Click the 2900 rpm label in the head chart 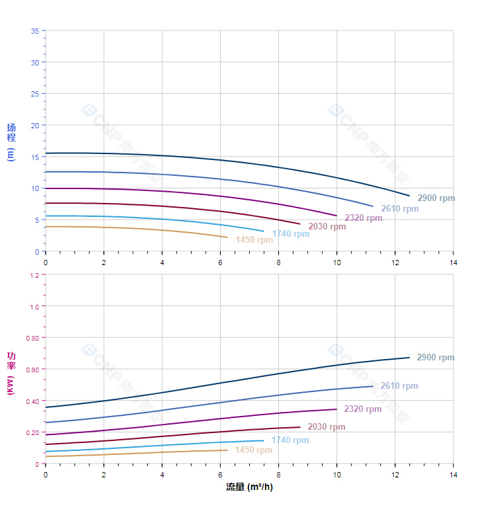436,198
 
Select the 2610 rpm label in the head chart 399,209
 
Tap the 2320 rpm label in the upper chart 363,218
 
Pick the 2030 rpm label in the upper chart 326,227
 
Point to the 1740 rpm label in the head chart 290,234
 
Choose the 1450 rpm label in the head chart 254,240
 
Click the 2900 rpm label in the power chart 436,358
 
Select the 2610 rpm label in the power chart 399,386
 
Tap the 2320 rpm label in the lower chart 363,409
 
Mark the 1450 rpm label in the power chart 254,450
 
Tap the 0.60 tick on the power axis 32,369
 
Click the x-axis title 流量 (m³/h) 249,487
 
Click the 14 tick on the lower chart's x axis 453,475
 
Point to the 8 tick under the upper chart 278,263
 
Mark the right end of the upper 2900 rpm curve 410,196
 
